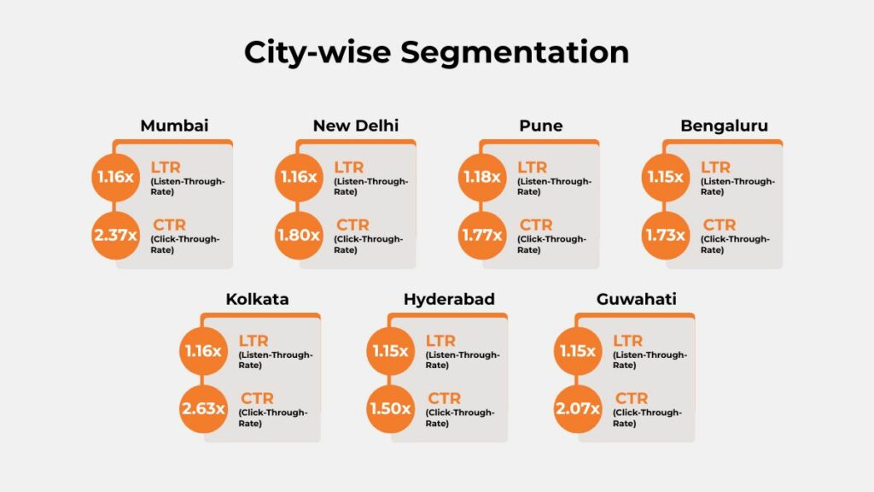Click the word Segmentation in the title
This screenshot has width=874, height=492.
(515, 53)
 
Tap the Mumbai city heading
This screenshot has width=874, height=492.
(174, 126)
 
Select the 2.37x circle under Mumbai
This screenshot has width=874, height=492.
(115, 234)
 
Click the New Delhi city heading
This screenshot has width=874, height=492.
(356, 126)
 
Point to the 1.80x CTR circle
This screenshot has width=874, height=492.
(298, 234)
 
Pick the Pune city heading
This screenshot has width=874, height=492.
(541, 126)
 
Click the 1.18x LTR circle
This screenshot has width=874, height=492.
(481, 178)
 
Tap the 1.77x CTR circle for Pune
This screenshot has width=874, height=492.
(481, 234)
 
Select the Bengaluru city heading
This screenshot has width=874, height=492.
(724, 126)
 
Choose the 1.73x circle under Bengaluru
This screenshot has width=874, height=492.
(665, 234)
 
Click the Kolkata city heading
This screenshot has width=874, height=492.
(257, 300)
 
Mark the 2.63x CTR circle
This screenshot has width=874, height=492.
(203, 408)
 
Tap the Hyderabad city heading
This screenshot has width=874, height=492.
(449, 300)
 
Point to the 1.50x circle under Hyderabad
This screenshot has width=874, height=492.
(390, 408)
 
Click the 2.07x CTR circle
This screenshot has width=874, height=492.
(577, 408)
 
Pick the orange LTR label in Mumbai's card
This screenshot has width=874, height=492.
(166, 167)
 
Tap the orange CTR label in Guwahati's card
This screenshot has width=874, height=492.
(632, 398)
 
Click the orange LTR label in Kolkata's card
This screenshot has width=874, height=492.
(253, 341)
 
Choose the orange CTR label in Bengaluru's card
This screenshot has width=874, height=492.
(720, 225)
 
